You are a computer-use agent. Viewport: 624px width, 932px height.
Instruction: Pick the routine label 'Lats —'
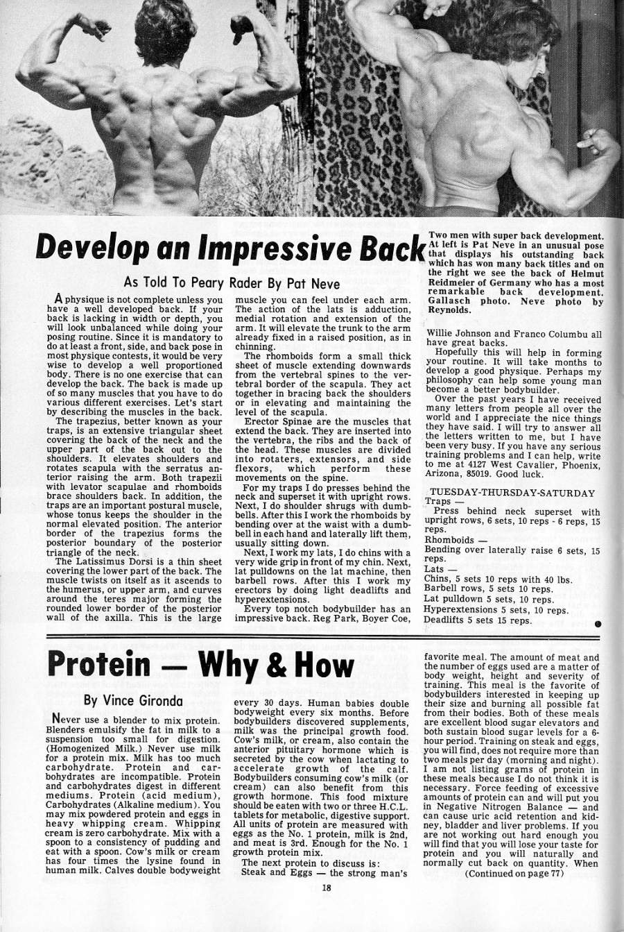click(x=440, y=568)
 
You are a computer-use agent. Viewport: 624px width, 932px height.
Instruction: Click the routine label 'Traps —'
click(x=443, y=501)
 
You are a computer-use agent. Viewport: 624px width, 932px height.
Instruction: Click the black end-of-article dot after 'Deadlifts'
click(x=598, y=624)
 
